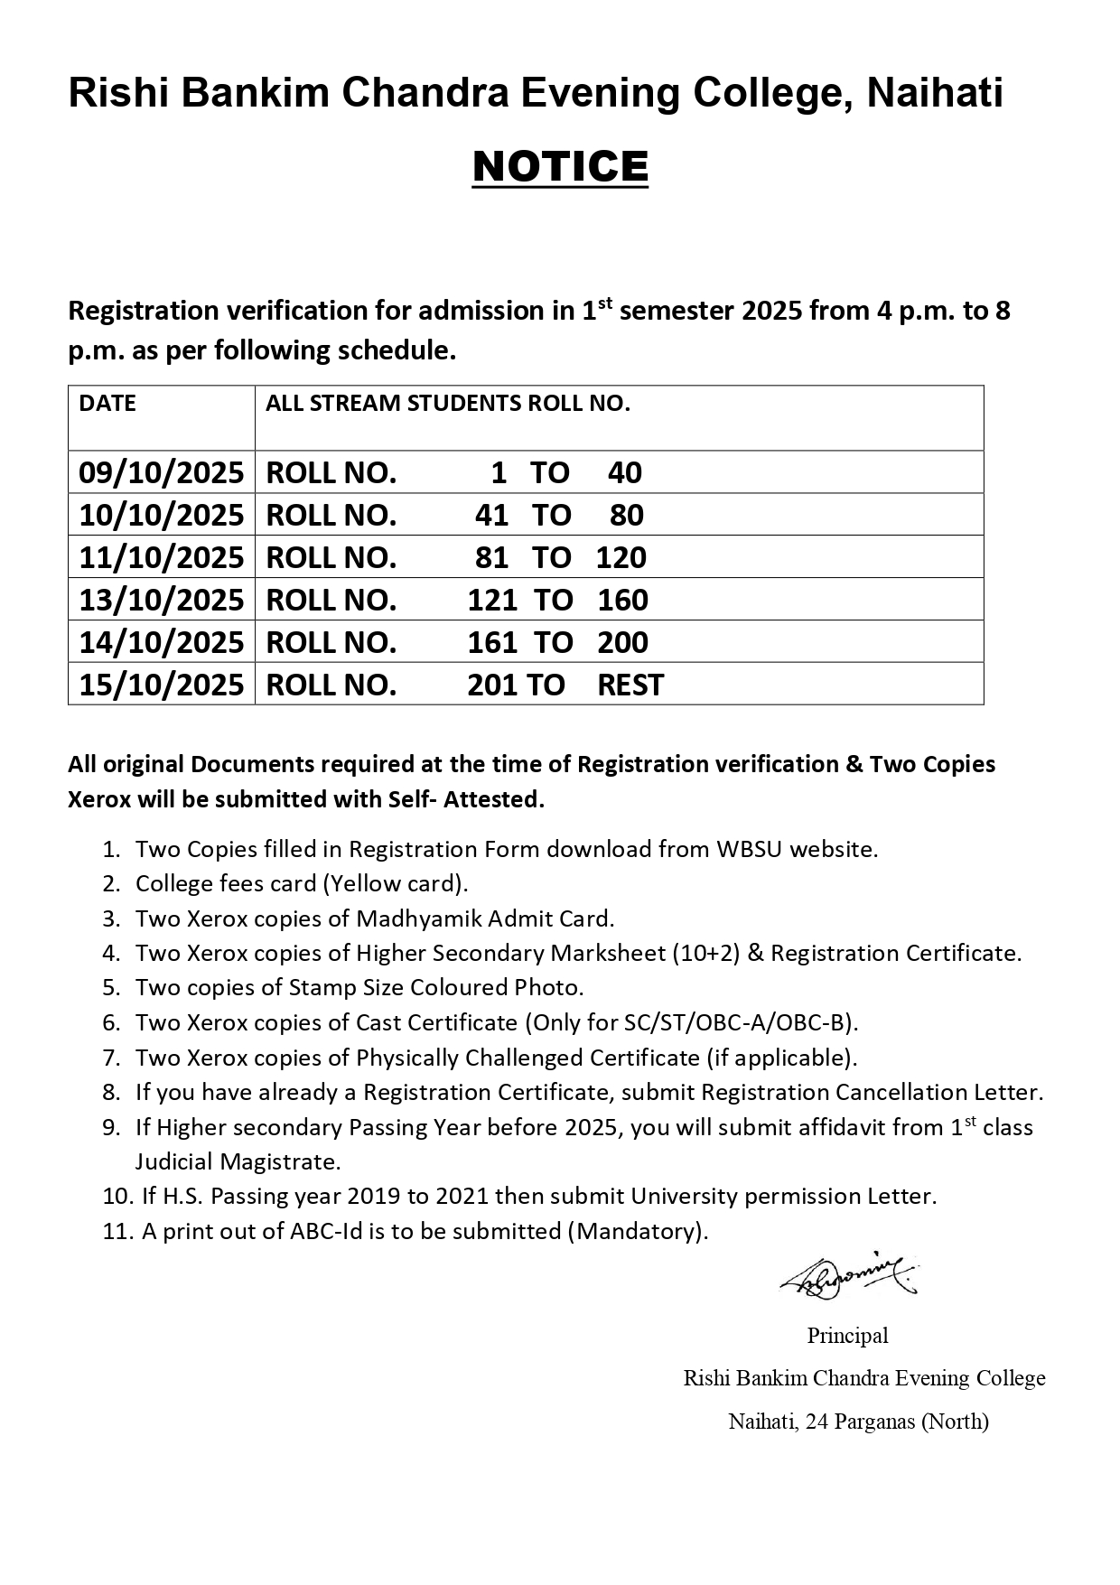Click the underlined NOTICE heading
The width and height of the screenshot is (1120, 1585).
[560, 167]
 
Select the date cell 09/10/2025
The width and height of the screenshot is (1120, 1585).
[161, 472]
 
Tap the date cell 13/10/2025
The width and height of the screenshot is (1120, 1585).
[161, 600]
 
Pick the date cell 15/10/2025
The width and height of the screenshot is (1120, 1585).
[161, 685]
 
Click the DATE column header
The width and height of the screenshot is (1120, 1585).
[107, 404]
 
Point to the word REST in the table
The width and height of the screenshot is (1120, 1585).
[630, 685]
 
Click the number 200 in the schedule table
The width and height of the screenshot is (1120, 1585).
[622, 642]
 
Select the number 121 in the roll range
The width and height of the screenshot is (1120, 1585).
[492, 600]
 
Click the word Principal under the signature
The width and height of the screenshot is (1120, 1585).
[847, 1335]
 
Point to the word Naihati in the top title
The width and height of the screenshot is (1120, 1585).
[935, 94]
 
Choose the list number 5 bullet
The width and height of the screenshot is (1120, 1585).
[112, 988]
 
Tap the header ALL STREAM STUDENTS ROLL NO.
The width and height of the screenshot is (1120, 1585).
[448, 404]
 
